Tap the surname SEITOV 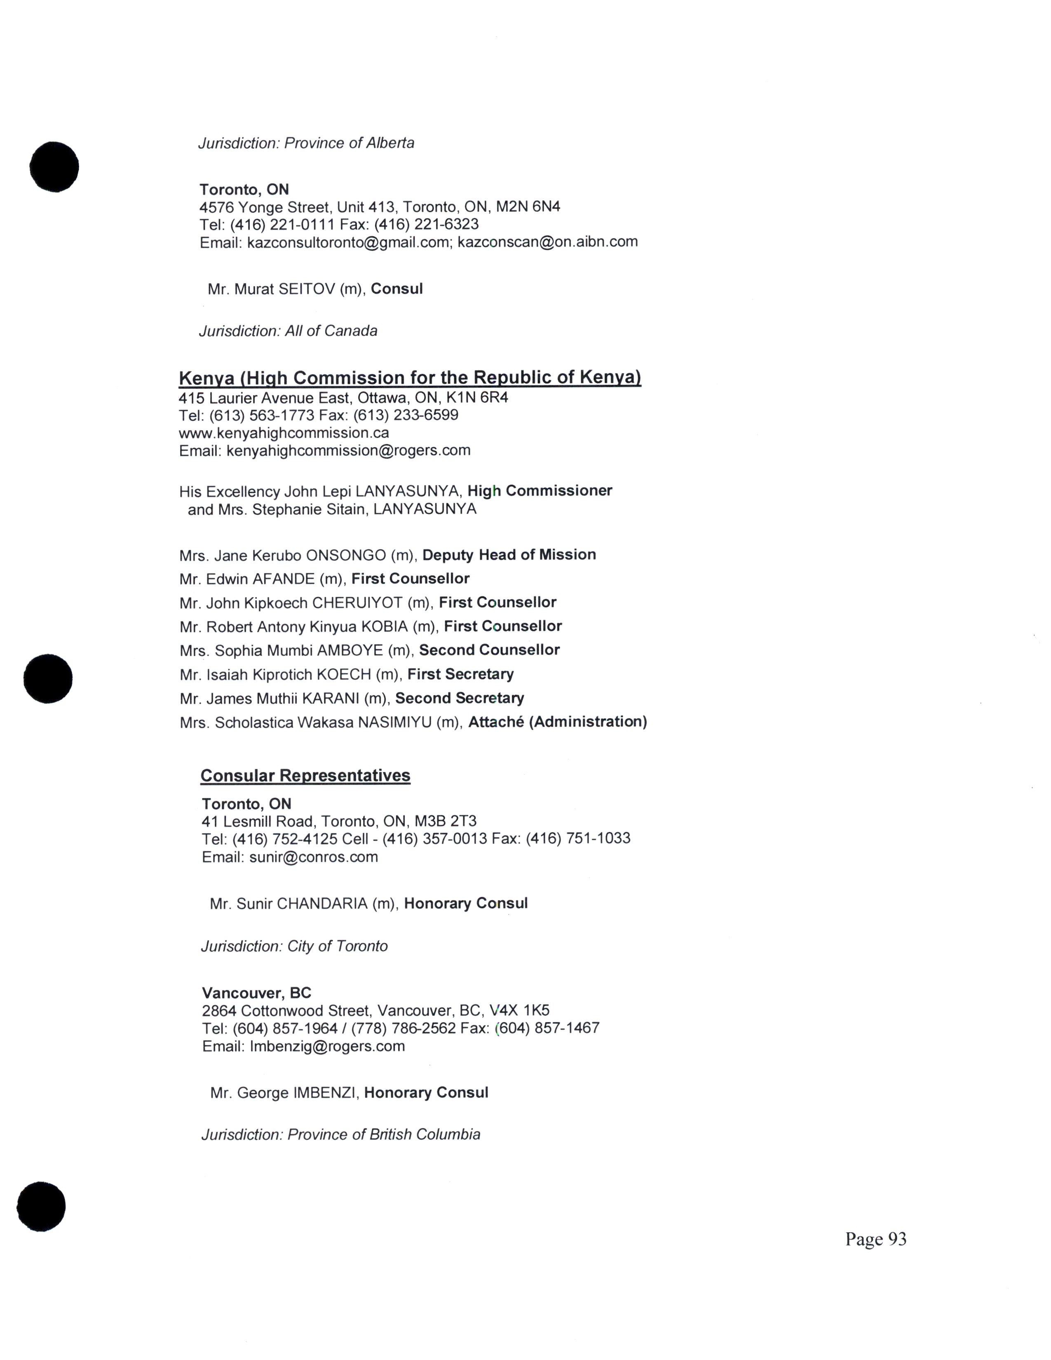tap(306, 289)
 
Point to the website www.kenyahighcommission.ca tap(284, 433)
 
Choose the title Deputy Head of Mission tap(509, 554)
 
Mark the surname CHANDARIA tap(322, 903)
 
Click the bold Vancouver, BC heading tap(256, 993)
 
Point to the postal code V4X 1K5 tap(519, 1010)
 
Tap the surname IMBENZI tap(324, 1093)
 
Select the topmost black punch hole tap(54, 167)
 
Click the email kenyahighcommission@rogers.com tap(348, 450)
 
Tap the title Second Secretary tap(460, 698)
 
